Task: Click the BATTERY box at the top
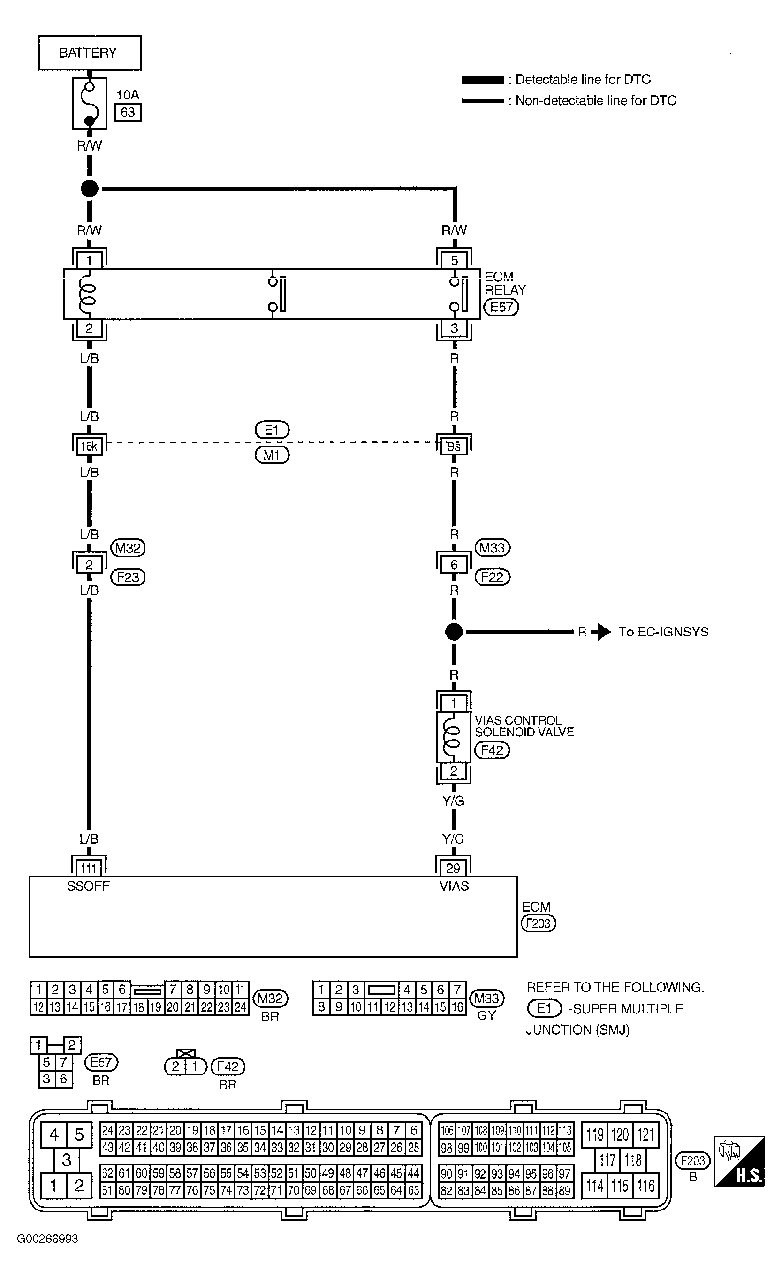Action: (89, 53)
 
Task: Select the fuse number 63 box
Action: (128, 113)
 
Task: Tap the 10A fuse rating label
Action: (127, 95)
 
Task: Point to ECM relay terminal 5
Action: (454, 260)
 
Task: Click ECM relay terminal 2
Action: (89, 328)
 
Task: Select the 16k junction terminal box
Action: (89, 446)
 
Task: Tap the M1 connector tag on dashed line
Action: (272, 455)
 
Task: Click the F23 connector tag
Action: (128, 577)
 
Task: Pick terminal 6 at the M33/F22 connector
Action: (454, 564)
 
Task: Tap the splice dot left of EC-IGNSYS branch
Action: (454, 632)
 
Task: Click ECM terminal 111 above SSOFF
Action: (89, 868)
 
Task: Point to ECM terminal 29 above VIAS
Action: (453, 868)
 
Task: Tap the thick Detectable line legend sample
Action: (482, 79)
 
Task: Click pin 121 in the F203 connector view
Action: (645, 1134)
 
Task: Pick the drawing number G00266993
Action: (47, 1239)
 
